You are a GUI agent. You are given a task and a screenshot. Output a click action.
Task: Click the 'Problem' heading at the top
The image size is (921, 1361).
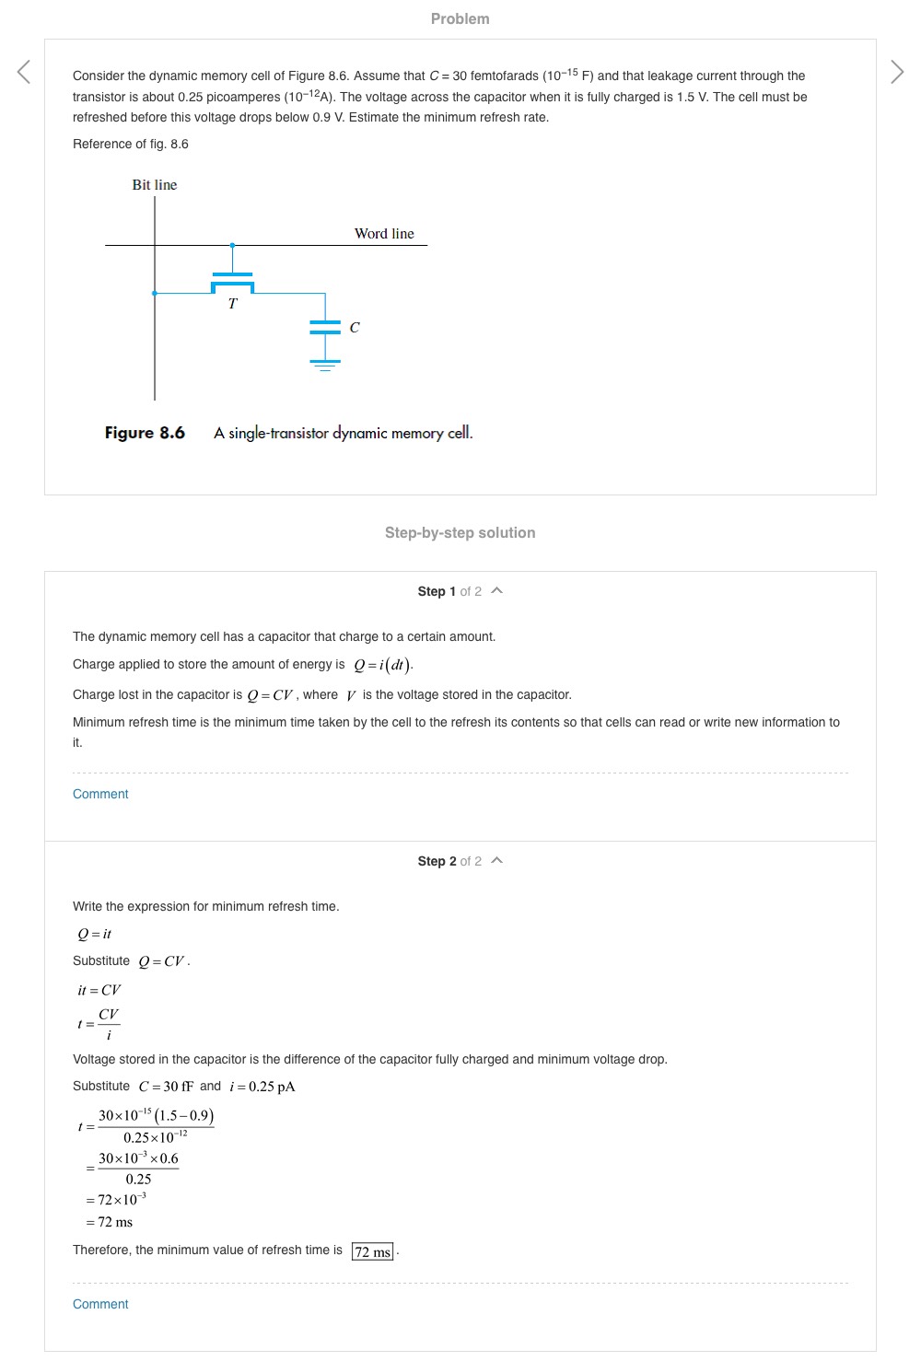click(x=460, y=18)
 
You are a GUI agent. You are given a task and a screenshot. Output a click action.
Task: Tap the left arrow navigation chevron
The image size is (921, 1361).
click(x=24, y=72)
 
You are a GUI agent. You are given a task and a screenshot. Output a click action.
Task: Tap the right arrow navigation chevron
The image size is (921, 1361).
click(x=897, y=72)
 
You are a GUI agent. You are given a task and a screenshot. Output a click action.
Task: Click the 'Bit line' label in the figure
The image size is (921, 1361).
click(x=155, y=185)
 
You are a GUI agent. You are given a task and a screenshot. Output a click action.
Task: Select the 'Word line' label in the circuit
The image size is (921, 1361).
click(x=384, y=234)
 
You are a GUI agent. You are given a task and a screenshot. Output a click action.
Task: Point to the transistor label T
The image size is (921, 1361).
click(x=232, y=304)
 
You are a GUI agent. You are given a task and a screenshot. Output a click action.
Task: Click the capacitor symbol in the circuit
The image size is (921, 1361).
click(x=325, y=327)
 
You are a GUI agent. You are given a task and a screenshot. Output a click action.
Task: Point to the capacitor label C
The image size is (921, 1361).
click(x=355, y=328)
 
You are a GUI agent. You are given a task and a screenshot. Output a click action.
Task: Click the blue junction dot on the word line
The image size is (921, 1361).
click(x=232, y=245)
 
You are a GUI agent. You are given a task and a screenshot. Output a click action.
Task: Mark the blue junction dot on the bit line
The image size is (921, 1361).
click(x=155, y=293)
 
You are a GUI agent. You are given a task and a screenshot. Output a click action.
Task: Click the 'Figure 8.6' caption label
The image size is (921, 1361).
click(x=145, y=433)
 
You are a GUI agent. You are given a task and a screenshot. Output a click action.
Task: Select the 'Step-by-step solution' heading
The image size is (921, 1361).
click(x=460, y=532)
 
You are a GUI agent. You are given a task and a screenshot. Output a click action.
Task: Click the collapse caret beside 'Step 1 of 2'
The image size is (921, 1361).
click(x=497, y=590)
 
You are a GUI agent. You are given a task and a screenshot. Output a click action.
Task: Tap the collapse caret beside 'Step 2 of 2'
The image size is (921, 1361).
click(x=497, y=860)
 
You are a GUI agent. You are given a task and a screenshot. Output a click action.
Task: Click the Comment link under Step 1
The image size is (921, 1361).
click(x=100, y=794)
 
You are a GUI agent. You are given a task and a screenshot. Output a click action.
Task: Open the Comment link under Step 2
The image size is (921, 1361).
click(x=100, y=1304)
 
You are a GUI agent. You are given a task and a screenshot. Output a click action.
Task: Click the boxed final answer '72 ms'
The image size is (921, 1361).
click(x=373, y=1251)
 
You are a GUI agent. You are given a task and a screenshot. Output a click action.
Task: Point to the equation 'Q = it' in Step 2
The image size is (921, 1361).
click(x=94, y=934)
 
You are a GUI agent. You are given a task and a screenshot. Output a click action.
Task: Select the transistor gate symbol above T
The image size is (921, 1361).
click(x=232, y=274)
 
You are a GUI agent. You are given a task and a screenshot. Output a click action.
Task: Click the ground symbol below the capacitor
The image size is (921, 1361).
click(x=325, y=366)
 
